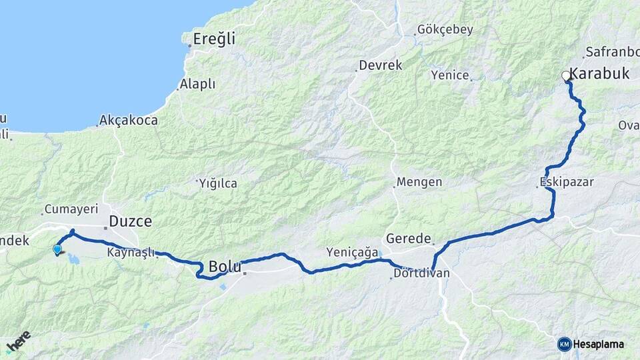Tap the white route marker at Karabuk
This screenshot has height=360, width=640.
(x=566, y=75)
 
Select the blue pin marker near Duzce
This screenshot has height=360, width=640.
(x=57, y=250)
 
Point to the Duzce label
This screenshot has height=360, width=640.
(x=131, y=221)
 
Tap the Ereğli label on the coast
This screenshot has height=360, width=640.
(x=214, y=39)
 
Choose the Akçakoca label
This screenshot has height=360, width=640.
(x=128, y=121)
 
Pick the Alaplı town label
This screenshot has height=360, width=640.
(x=197, y=84)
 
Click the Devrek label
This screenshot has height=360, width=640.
(x=381, y=65)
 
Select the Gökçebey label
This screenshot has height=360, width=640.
(x=445, y=29)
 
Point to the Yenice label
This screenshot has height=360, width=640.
(x=450, y=75)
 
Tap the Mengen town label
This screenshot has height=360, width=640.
(x=419, y=182)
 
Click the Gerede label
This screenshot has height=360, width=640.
(x=409, y=239)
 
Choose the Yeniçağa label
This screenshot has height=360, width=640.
(x=352, y=252)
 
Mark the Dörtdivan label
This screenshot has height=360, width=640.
(x=421, y=273)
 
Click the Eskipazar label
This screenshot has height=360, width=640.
(x=567, y=182)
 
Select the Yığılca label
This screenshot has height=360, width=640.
(x=219, y=183)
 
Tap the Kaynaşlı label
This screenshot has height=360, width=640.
(x=131, y=253)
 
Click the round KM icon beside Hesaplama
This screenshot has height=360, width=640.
(x=564, y=344)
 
